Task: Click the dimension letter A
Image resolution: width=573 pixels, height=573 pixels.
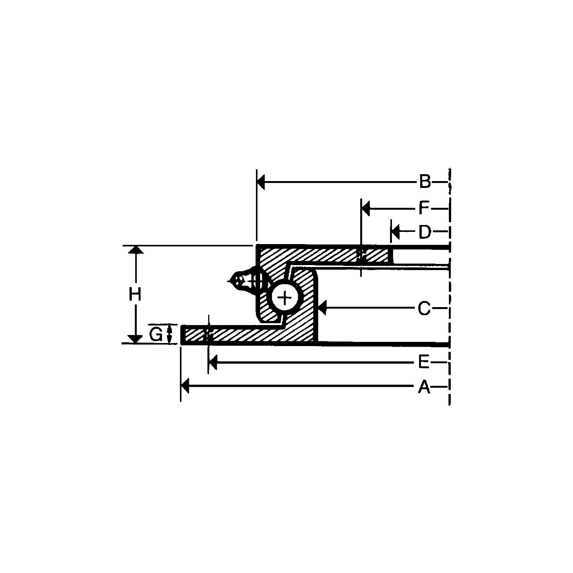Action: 424,387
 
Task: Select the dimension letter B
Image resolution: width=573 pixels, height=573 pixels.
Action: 425,181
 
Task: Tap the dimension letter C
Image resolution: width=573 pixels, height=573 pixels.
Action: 424,308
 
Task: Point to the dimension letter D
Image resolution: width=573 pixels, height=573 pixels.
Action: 424,232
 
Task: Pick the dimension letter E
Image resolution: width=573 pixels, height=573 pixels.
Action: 424,362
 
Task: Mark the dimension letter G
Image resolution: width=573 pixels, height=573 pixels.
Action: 155,335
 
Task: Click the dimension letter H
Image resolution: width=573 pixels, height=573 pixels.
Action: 135,295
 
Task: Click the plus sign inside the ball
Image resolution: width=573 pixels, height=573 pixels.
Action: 285,297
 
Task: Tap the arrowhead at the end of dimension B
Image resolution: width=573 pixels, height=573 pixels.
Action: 261,183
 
